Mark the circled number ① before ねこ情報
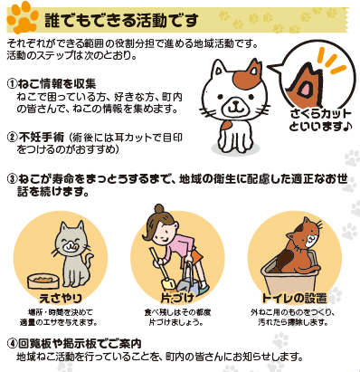[x=12, y=83]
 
